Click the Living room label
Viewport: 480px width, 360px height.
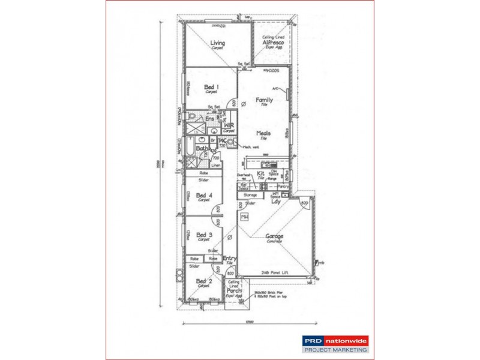(217, 43)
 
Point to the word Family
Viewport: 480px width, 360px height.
(264, 100)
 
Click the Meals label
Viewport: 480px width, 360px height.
(263, 133)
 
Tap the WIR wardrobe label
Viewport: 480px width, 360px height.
(229, 125)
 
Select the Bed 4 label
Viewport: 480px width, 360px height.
(204, 195)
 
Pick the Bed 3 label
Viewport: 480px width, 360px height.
(204, 235)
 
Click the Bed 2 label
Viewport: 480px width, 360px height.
(204, 281)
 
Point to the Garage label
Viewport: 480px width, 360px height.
(275, 236)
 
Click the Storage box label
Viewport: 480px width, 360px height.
(250, 195)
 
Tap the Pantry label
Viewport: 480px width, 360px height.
(284, 187)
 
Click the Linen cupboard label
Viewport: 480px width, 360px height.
(217, 164)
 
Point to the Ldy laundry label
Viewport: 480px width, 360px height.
(276, 202)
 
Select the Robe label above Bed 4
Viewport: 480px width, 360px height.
(203, 173)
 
